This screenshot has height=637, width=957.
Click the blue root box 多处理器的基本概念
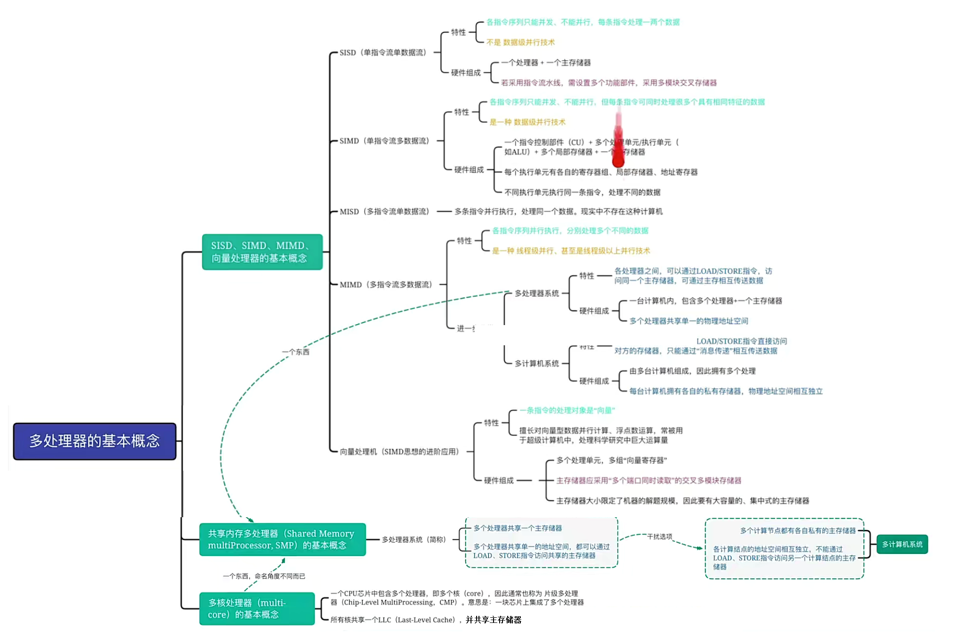(94, 441)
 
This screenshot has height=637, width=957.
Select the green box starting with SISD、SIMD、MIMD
(262, 252)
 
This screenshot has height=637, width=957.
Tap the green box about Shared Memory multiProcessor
(282, 539)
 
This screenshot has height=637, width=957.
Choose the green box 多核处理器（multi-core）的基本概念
(257, 608)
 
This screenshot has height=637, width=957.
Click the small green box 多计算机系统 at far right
(902, 544)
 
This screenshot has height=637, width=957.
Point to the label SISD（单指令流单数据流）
(383, 53)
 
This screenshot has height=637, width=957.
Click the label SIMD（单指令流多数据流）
(384, 141)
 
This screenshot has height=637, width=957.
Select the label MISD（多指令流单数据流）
(384, 211)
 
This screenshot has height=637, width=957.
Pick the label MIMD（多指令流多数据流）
(386, 285)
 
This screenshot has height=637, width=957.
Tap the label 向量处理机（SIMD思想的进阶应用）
(399, 451)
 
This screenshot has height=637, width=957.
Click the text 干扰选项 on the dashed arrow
(659, 536)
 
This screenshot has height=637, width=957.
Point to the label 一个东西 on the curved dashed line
(296, 352)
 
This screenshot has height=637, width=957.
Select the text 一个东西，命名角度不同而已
(264, 576)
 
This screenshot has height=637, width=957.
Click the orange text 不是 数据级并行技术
(520, 42)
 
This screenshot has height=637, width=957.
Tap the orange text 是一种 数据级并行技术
(527, 122)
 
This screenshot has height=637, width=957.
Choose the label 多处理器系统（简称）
(414, 539)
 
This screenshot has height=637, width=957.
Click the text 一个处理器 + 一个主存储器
(546, 62)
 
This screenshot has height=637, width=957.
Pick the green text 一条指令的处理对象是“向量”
(567, 410)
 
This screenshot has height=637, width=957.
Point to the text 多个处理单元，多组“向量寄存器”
(612, 460)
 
